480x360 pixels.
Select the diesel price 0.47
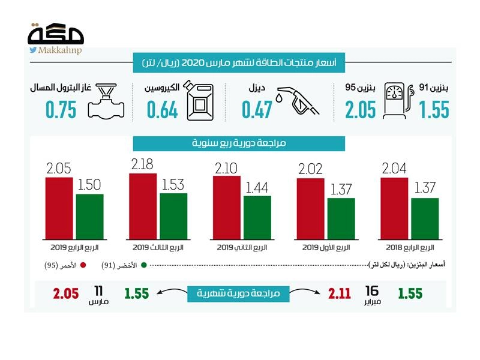[x=257, y=110]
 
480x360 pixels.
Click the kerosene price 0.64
[x=161, y=110]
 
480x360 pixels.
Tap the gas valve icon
[x=107, y=103]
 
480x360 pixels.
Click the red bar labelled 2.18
[x=143, y=206]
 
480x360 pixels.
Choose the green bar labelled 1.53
[x=173, y=216]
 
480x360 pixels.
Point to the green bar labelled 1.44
[x=257, y=218]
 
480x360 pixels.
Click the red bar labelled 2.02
[x=310, y=209]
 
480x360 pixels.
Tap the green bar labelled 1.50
[x=89, y=217]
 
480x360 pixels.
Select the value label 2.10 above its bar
[x=227, y=166]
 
